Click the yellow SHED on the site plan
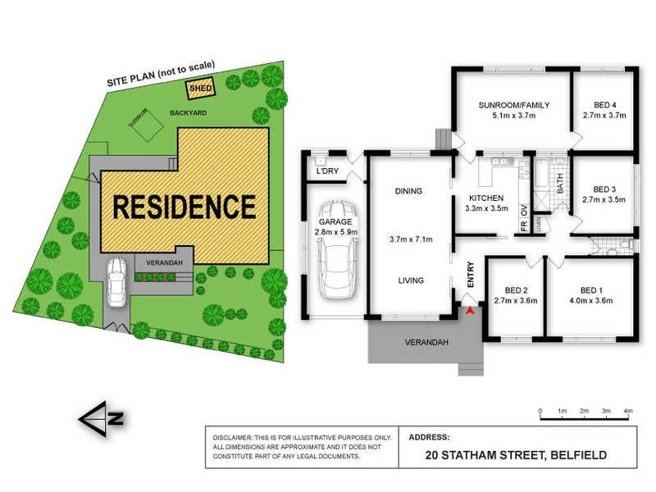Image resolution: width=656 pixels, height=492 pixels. point(198,88)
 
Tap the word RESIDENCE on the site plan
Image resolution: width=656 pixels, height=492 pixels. point(184,206)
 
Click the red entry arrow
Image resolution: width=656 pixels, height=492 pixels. point(469,311)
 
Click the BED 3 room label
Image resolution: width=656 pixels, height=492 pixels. point(603,188)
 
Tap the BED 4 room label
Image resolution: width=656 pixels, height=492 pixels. point(604,105)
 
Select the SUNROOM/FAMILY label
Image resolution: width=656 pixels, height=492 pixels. point(514,105)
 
